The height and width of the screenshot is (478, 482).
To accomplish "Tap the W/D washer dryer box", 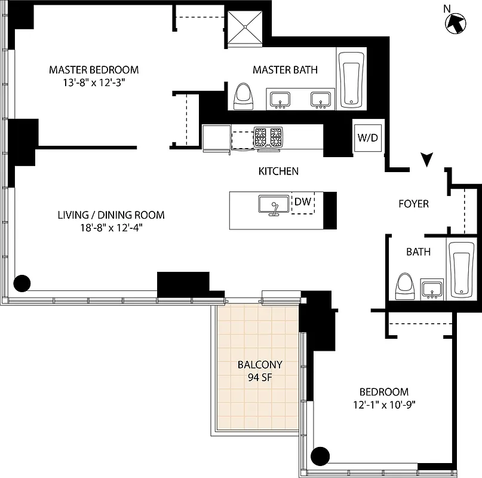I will pos(367,138).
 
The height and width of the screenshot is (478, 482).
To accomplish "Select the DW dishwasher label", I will pos(303,202).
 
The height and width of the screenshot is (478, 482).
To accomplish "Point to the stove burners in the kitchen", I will pos(269,137).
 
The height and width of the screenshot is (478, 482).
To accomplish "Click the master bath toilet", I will pos(242,96).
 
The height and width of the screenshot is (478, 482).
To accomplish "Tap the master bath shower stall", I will pos(246,28).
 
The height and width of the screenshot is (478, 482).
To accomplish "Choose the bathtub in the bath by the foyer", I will pos(463,269).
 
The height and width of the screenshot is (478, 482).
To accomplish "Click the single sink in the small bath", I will pos(431,289).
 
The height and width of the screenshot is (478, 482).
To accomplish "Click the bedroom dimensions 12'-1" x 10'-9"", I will pos(383,405).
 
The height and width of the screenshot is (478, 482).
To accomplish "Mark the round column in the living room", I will pos(22,283).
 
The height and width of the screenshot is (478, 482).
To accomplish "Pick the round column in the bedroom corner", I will pos(320,456).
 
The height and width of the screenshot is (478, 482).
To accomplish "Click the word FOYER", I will pos(413,204).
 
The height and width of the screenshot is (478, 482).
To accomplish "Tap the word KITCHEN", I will pos(278,171).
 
